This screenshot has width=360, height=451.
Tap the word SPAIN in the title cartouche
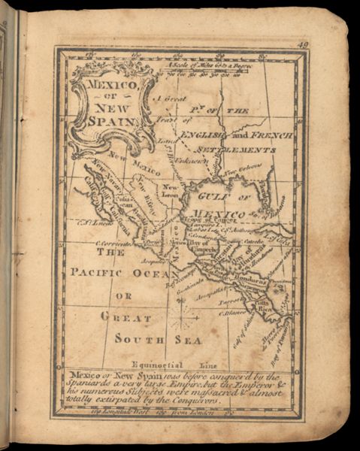click(111, 119)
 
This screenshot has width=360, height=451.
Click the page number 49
click(302, 46)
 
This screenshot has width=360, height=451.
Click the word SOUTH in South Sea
click(138, 338)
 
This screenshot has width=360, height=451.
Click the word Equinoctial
click(153, 363)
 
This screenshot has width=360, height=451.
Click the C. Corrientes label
click(112, 244)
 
